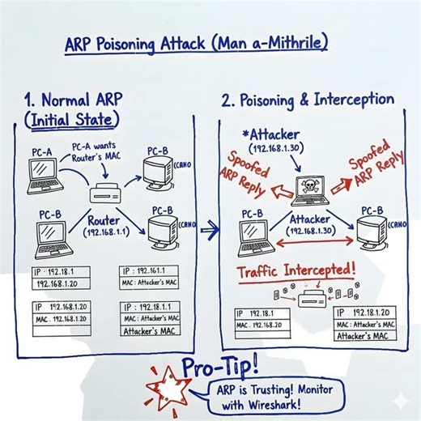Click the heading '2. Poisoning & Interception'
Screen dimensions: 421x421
pyautogui.click(x=307, y=100)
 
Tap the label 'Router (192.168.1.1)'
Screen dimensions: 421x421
pyautogui.click(x=105, y=224)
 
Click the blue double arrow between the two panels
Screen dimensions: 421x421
pyautogui.click(x=210, y=231)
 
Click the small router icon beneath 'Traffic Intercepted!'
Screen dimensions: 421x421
pyautogui.click(x=311, y=298)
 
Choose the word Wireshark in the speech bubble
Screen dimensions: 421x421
pyautogui.click(x=271, y=403)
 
